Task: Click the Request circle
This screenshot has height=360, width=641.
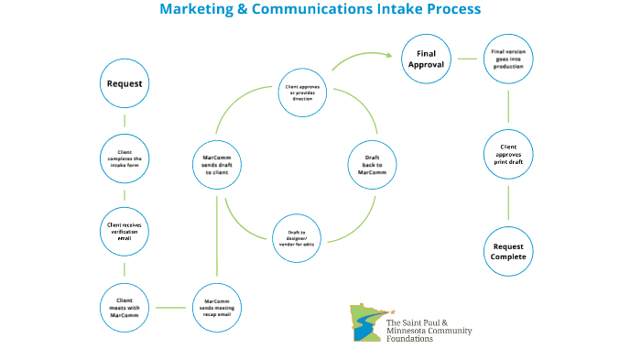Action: pos(124,84)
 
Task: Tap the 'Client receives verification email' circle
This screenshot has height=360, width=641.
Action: pos(124,229)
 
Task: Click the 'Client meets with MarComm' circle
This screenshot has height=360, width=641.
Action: pos(124,307)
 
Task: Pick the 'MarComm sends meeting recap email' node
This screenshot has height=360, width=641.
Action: pos(217,307)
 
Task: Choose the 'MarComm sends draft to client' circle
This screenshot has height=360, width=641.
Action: pos(216,165)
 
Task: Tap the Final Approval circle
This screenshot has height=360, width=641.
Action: pos(426,60)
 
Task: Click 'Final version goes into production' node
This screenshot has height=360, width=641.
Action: pos(509,60)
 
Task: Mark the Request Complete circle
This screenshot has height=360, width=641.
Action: pos(508,252)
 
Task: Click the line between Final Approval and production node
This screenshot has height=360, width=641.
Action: pos(467,60)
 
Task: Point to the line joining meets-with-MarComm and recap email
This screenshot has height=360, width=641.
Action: pos(170,307)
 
